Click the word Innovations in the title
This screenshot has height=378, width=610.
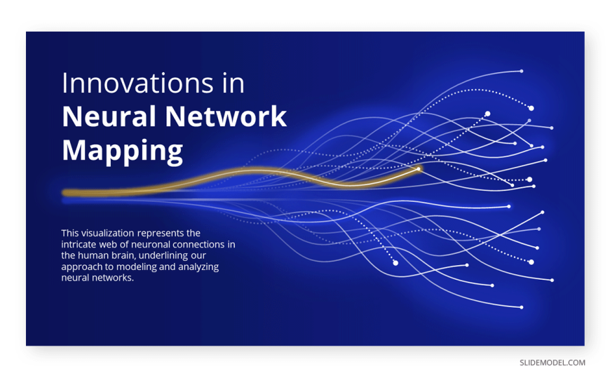[x=137, y=83]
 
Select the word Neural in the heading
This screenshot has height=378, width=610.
[x=109, y=116]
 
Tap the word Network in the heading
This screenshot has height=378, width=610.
[x=226, y=116]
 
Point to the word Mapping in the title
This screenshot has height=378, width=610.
[x=123, y=151]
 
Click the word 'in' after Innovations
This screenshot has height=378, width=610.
[x=233, y=83]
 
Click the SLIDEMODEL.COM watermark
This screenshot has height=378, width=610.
[x=553, y=363]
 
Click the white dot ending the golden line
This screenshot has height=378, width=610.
[x=419, y=169]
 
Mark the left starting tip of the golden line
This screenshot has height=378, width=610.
[x=63, y=193]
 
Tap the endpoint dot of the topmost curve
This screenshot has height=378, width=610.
[x=522, y=72]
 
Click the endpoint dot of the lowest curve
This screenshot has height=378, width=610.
[x=522, y=307]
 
